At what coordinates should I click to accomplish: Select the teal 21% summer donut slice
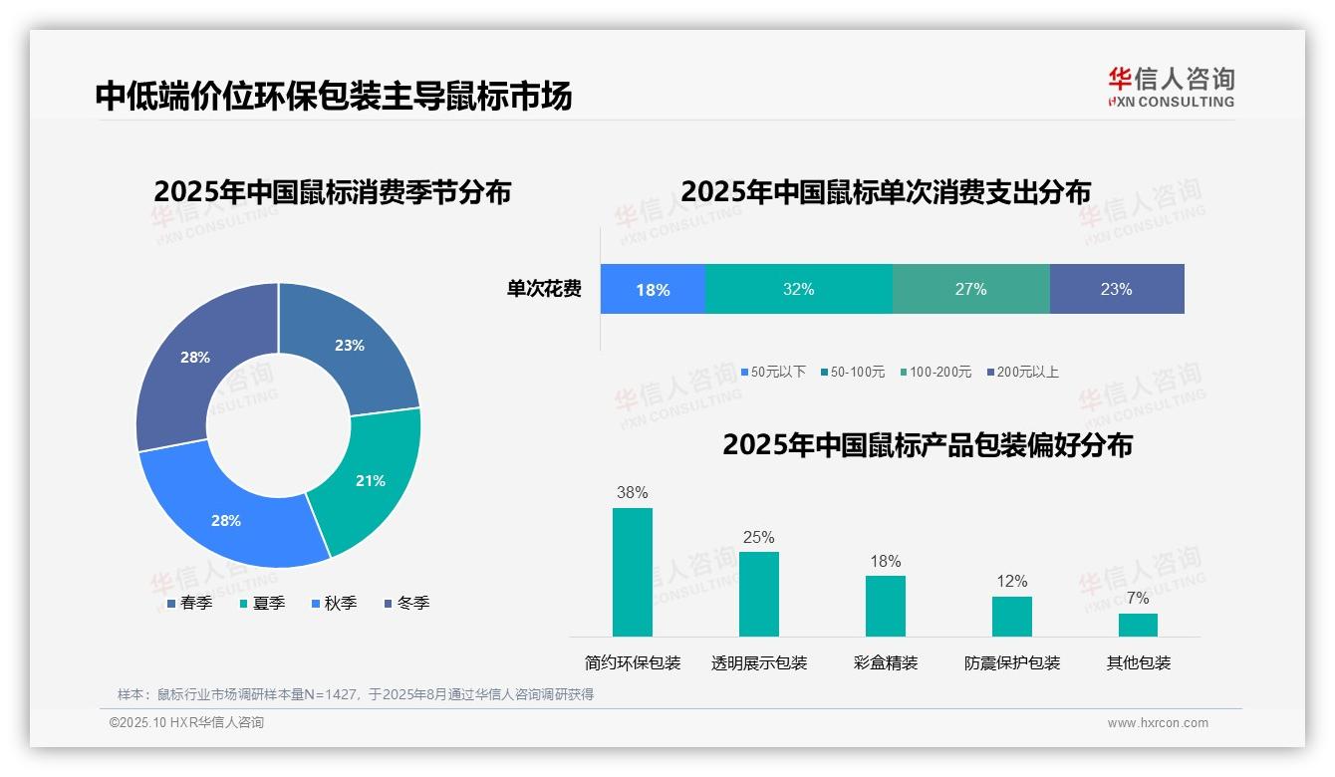[369, 480]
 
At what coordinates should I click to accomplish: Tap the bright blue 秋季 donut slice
[227, 519]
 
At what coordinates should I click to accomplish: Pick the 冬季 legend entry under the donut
[406, 603]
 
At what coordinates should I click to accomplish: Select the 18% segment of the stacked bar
[653, 289]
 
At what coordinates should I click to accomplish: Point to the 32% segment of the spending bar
[798, 289]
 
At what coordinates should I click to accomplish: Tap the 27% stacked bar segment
[970, 289]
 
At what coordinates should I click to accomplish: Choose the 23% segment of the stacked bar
[1116, 289]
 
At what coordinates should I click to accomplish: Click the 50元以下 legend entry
[773, 372]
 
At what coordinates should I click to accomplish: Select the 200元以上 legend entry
[1023, 372]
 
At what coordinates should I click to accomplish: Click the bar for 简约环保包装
[632, 572]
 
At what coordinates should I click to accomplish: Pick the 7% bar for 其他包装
[1138, 625]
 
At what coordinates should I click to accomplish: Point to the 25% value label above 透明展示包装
[758, 537]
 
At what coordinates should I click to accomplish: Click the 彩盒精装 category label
[885, 662]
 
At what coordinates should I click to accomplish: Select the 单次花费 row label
[544, 289]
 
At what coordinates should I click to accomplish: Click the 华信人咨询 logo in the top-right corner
[1171, 87]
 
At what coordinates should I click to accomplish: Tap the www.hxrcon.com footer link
[1158, 723]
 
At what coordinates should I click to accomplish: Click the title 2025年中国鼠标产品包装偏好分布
[927, 444]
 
